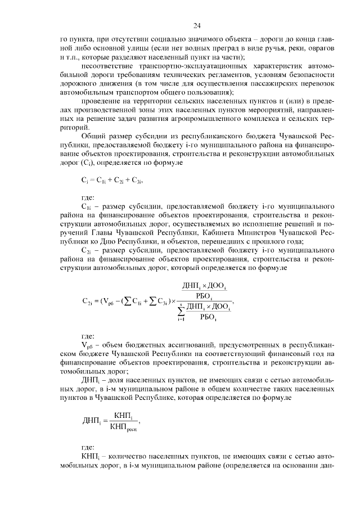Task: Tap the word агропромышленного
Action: point(224,119)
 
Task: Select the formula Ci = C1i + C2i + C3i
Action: point(110,180)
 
